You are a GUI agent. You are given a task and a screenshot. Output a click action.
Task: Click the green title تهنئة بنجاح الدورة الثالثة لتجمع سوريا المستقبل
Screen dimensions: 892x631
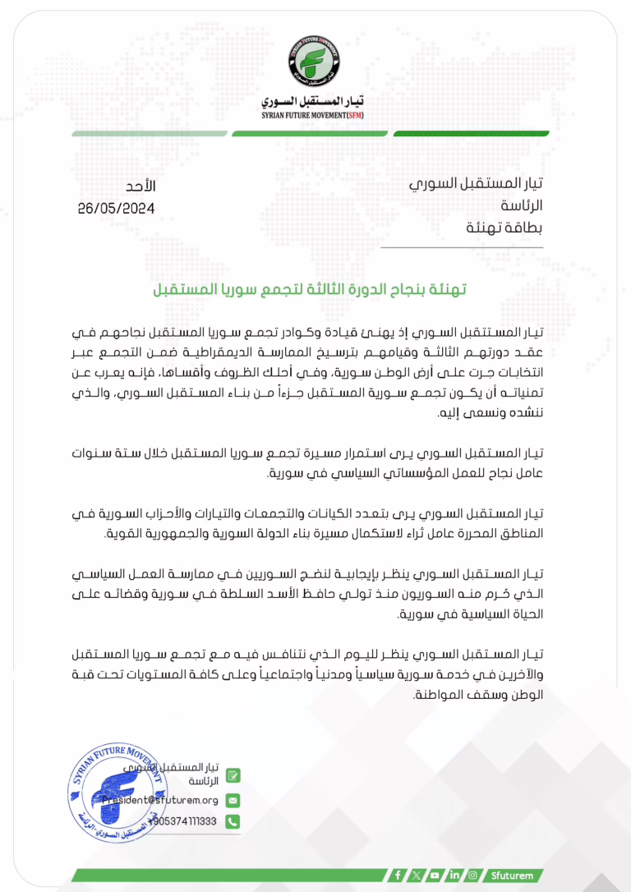point(315,291)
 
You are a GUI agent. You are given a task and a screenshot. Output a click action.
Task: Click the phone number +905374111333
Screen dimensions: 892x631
point(184,821)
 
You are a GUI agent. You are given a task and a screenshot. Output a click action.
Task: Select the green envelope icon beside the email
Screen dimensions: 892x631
point(233,799)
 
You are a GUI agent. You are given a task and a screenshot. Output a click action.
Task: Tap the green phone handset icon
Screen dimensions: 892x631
point(233,821)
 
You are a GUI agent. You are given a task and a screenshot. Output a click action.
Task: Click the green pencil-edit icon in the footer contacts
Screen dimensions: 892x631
point(233,775)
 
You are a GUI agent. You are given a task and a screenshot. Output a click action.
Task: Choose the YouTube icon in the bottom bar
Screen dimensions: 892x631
point(435,876)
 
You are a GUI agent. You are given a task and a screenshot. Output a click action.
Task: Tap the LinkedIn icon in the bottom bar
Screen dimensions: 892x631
point(454,876)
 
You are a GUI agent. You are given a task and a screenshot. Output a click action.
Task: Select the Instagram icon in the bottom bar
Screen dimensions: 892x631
point(472,876)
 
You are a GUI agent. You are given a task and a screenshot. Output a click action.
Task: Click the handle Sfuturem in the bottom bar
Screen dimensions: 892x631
point(512,876)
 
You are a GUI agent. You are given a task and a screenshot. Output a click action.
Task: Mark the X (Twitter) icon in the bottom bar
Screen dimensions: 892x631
point(417,876)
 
